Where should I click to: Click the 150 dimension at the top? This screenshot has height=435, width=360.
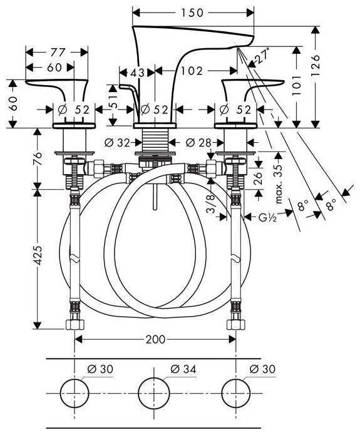(x=192, y=13)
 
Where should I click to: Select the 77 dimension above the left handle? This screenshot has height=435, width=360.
(x=58, y=52)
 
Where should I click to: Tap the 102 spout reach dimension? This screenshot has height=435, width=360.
(x=192, y=71)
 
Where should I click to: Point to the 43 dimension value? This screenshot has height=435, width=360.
(x=137, y=73)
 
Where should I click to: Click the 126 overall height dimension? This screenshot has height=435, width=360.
(x=315, y=65)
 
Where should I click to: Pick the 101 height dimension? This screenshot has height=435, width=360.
(x=297, y=85)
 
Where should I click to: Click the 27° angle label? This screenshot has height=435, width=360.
(x=262, y=56)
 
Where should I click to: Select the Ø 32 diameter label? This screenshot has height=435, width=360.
(x=117, y=143)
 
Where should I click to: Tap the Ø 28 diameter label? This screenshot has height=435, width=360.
(x=198, y=143)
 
